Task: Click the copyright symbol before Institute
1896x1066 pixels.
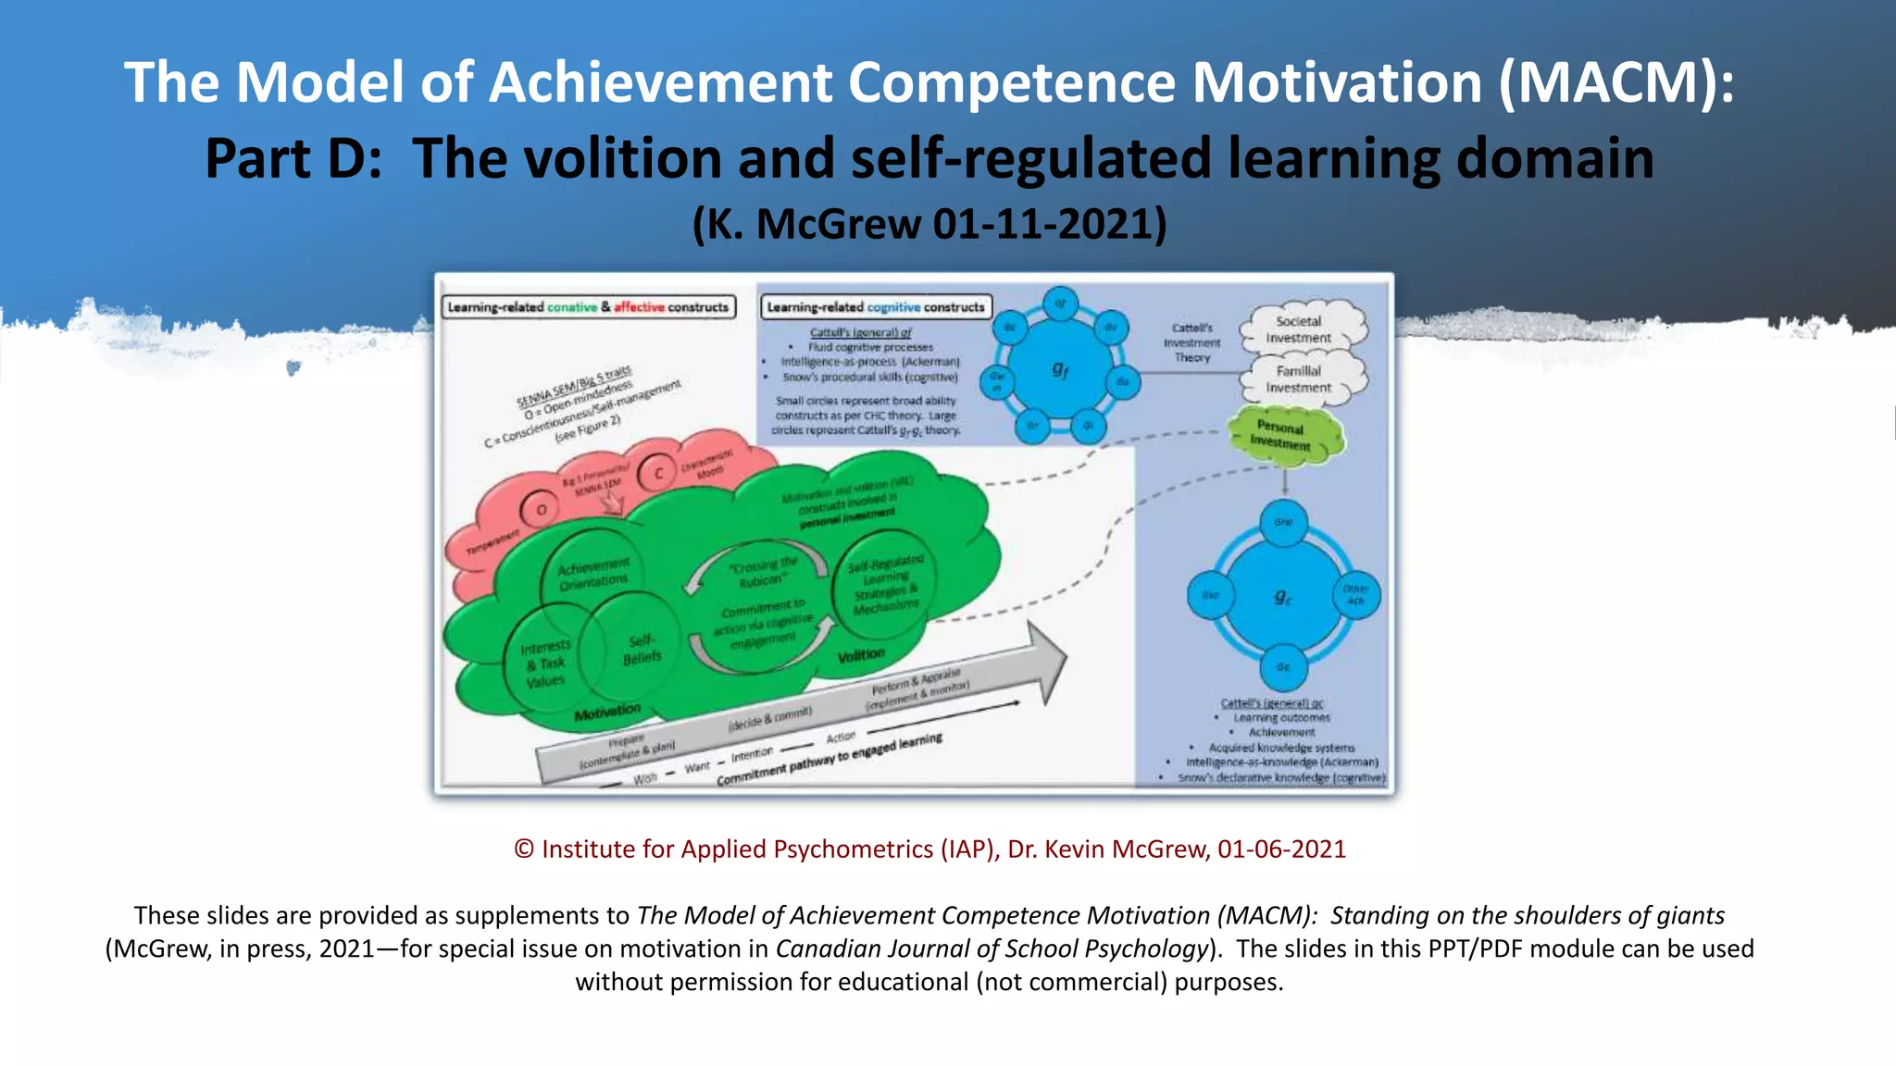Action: [x=524, y=849]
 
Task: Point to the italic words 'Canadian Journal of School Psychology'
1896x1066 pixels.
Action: [x=992, y=948]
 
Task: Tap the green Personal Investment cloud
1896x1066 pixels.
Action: [x=1283, y=435]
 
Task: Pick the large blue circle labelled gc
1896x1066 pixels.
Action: [x=1283, y=597]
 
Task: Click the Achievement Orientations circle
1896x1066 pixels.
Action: [x=593, y=573]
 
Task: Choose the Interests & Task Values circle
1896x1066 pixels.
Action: [x=545, y=663]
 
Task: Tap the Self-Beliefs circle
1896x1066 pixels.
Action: [x=642, y=649]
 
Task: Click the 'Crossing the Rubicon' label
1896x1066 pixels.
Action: [x=762, y=572]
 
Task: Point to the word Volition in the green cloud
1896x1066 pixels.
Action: [x=861, y=655]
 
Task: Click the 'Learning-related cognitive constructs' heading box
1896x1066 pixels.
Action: [x=876, y=307]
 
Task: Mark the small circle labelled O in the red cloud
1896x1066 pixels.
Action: [x=542, y=510]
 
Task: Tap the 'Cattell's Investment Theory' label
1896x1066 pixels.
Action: [x=1192, y=342]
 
